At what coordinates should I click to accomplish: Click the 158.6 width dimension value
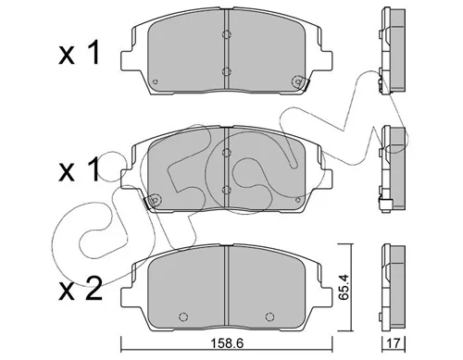227,343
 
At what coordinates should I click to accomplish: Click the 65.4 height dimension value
344,287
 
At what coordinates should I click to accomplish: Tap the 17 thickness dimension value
394,343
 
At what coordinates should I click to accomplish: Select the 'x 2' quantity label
81,289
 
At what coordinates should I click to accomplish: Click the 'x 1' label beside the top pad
80,53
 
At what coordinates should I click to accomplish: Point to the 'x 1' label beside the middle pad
80,169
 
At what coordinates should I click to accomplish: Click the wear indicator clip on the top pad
300,82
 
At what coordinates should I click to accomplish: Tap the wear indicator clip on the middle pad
152,202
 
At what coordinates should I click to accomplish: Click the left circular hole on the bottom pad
183,317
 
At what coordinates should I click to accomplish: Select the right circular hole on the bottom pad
269,317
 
